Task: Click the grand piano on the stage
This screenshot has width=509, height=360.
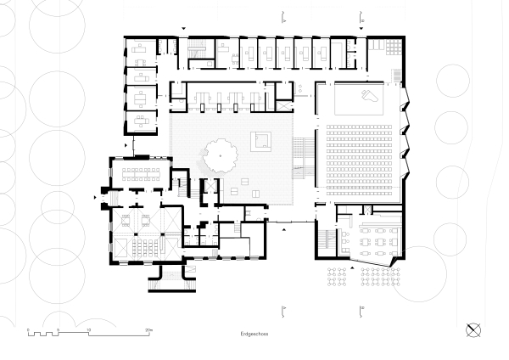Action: coord(367,95)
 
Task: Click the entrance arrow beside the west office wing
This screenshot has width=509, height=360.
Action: coord(126,146)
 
